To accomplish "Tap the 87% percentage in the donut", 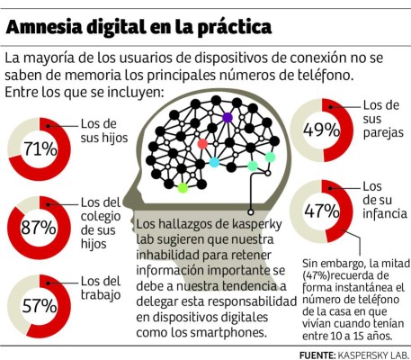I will [39, 228].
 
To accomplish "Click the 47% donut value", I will [321, 212].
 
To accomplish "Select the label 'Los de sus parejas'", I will [380, 123].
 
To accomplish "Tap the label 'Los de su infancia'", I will [381, 204].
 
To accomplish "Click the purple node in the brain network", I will [228, 118].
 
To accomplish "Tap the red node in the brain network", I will [203, 144].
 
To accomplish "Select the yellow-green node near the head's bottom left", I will [183, 187].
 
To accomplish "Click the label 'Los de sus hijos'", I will [99, 130].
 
